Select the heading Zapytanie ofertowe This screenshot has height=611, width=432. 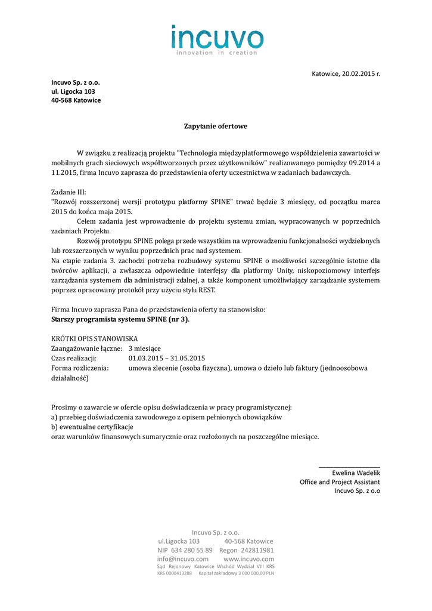[215, 126]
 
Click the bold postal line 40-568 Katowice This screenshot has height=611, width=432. [76, 100]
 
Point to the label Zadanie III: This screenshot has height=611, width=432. [69, 192]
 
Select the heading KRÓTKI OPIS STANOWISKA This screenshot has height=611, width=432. [95, 339]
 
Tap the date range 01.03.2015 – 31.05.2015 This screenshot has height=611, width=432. [166, 358]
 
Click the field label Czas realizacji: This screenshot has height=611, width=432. [74, 358]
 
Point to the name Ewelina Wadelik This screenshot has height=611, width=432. [356, 473]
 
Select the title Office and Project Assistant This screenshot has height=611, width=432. [340, 482]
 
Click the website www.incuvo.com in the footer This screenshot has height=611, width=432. [248, 558]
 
